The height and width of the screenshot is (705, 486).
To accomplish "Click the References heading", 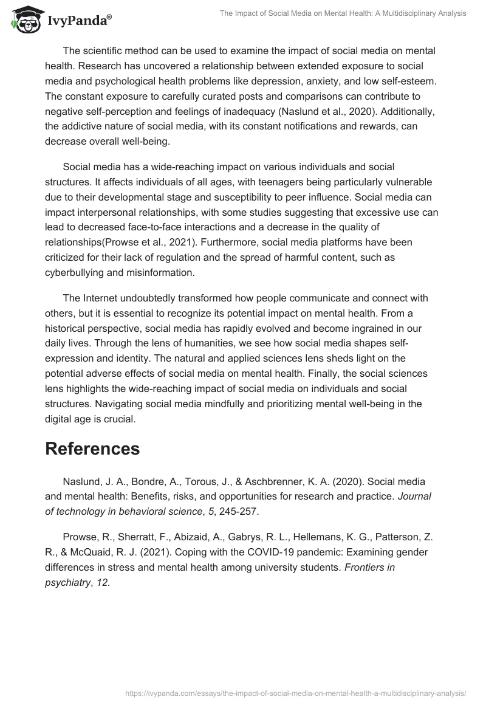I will (92, 449).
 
